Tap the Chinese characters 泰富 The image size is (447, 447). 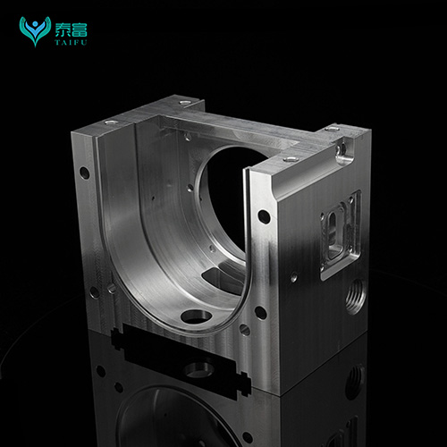coord(71,30)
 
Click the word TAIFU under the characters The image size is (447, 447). coord(71,42)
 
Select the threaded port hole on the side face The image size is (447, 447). coord(355,296)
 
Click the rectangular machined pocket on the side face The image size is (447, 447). coord(341,234)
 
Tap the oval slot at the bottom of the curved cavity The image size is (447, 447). coord(196,316)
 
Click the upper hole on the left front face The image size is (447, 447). coord(85,173)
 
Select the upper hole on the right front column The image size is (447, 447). coord(264,216)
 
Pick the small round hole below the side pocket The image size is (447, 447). coord(293,277)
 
